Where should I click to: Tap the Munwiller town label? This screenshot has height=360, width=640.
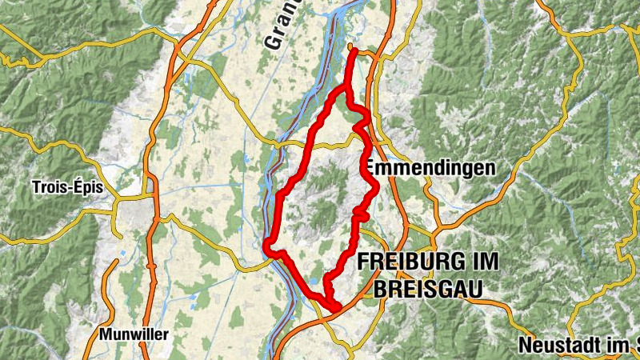134,334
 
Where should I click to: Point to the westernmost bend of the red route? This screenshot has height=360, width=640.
267,245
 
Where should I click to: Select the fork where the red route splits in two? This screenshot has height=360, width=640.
348,88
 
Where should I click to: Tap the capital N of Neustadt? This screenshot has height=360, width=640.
525,346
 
